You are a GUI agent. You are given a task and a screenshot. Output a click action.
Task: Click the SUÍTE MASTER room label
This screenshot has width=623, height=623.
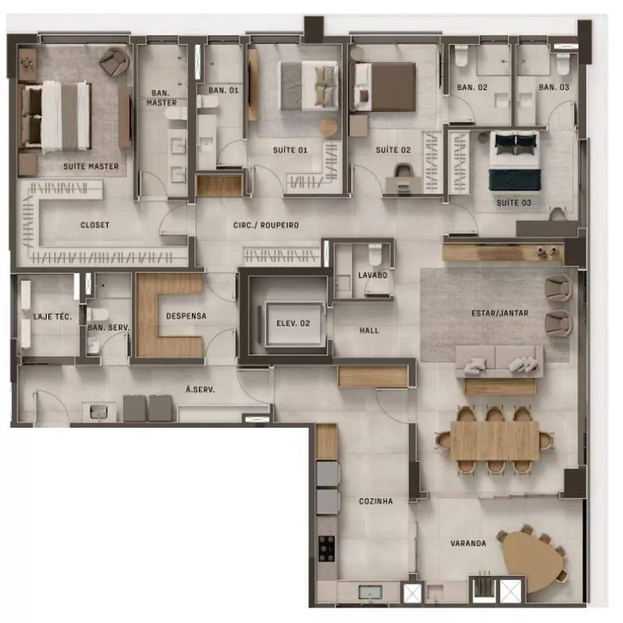91,166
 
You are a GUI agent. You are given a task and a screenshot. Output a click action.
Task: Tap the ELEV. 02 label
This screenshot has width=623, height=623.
293,323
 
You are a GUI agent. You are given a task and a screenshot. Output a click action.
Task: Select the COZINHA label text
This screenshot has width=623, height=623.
376,501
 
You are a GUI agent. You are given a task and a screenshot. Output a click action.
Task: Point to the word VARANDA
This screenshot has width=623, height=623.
468,543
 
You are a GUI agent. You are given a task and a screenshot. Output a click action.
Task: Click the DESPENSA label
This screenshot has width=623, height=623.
186,316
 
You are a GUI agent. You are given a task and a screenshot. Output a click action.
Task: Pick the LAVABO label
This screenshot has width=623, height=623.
373,275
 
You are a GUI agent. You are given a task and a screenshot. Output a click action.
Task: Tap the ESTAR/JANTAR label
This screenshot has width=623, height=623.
500,313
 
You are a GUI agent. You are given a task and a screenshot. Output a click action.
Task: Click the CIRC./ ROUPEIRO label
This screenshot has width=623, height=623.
266,226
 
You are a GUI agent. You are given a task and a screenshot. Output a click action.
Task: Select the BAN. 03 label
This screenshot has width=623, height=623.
554,87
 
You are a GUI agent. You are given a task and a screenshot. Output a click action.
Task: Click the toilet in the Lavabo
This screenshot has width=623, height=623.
374,254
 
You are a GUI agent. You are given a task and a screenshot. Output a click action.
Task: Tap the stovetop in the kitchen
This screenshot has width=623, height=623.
326,549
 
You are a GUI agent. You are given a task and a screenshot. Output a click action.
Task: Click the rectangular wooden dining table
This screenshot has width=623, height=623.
495,440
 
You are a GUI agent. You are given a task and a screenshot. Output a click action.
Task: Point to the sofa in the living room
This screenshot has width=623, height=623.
499,361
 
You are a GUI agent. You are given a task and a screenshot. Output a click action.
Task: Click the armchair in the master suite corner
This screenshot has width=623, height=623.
115,62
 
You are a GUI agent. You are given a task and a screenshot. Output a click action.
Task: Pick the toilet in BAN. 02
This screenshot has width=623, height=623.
461,56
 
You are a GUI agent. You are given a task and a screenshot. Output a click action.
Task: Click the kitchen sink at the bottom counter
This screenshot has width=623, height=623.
370,592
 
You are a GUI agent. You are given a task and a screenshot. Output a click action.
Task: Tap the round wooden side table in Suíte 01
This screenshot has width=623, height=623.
328,128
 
